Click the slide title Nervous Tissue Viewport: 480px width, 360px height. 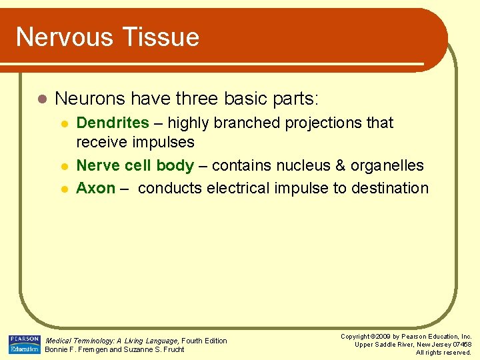click(107, 37)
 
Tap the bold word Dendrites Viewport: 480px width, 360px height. click(113, 123)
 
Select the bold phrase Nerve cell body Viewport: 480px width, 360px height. click(135, 165)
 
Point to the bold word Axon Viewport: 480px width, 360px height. click(96, 188)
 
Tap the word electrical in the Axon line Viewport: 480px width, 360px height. click(241, 188)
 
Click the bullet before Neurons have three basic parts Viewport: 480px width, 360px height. click(41, 99)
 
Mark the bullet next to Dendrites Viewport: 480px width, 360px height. click(64, 124)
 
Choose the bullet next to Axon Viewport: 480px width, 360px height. click(64, 189)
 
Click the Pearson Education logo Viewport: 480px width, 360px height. click(24, 344)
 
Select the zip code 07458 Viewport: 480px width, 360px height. click(461, 344)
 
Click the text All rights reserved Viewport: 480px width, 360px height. click(443, 352)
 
